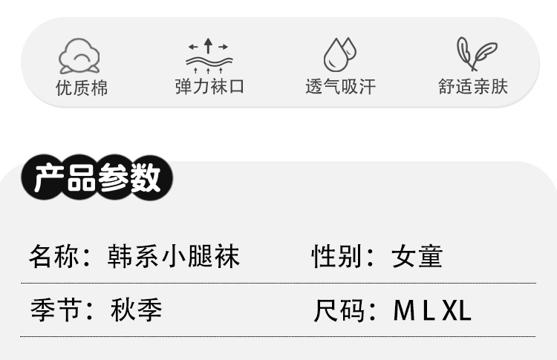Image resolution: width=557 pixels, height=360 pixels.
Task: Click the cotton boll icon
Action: (x=79, y=55)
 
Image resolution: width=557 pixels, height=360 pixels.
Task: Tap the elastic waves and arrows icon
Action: (x=209, y=55)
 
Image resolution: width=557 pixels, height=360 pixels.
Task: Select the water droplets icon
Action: (x=339, y=54)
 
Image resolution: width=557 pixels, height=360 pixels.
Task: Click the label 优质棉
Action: (x=82, y=88)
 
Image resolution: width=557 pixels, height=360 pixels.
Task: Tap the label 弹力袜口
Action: (x=209, y=87)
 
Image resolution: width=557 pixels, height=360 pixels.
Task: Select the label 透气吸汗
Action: (x=340, y=87)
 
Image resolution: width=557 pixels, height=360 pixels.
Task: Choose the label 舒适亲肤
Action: (x=473, y=87)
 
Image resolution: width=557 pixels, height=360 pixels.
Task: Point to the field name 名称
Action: (x=51, y=257)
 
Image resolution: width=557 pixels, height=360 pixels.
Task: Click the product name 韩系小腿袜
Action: (x=172, y=257)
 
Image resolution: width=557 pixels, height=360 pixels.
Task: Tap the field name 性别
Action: (x=333, y=257)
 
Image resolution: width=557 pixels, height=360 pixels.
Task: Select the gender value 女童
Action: (x=417, y=257)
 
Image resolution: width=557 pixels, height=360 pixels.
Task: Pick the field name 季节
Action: (x=51, y=309)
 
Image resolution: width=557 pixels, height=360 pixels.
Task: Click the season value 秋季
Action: (x=135, y=309)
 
